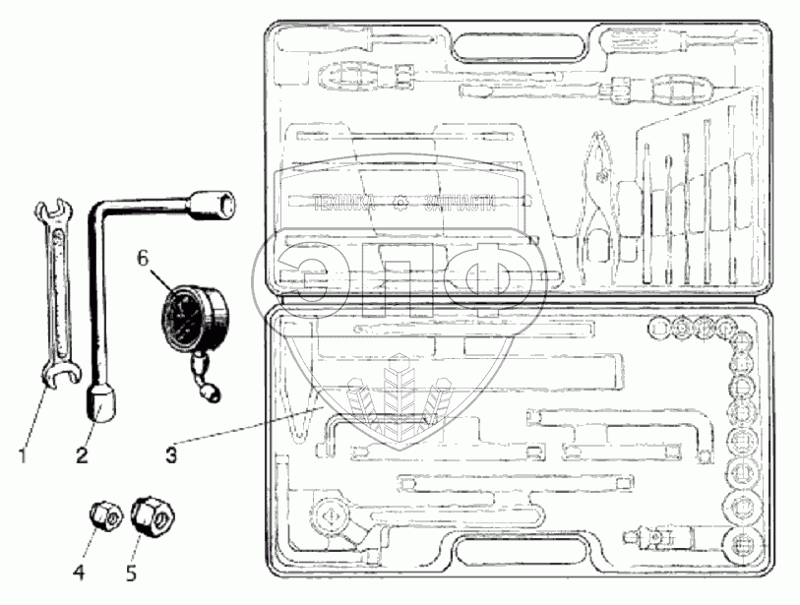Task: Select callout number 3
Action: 172,454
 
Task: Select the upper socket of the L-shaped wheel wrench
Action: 219,205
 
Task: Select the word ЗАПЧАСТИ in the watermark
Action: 459,206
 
